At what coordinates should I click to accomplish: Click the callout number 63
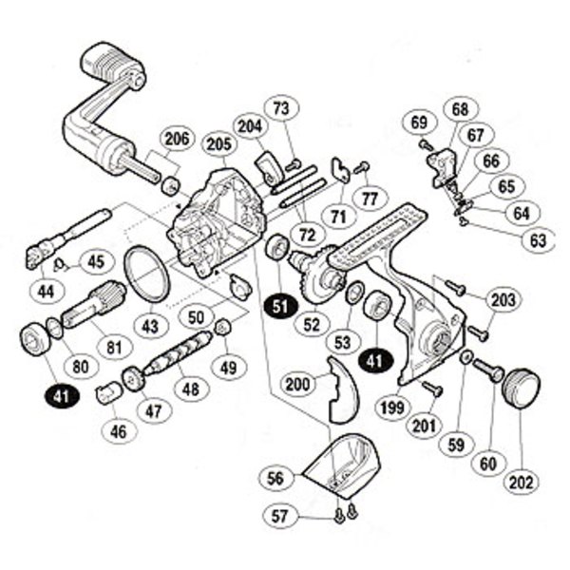[x=538, y=240]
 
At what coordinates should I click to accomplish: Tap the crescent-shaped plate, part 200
[x=333, y=389]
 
